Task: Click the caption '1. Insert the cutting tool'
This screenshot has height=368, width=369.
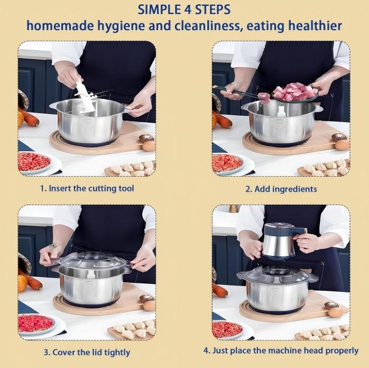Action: tap(87, 188)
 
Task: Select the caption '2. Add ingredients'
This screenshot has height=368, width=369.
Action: tap(281, 189)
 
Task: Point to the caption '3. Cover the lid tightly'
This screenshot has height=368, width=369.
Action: tap(87, 352)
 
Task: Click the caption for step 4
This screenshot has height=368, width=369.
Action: tap(281, 351)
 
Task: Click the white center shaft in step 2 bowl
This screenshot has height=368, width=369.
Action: tap(282, 111)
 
